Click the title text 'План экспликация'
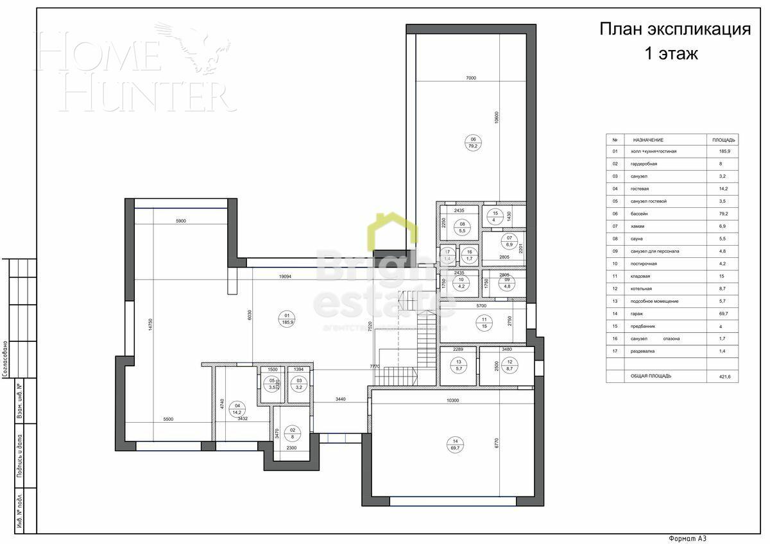(x=674, y=30)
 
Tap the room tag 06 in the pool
(x=474, y=142)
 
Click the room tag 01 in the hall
(x=287, y=318)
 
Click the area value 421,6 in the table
(x=724, y=376)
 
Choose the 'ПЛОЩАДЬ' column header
(x=724, y=139)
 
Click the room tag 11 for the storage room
(x=485, y=323)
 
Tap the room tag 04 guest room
(x=238, y=409)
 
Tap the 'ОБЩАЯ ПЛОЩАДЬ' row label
(x=651, y=376)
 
